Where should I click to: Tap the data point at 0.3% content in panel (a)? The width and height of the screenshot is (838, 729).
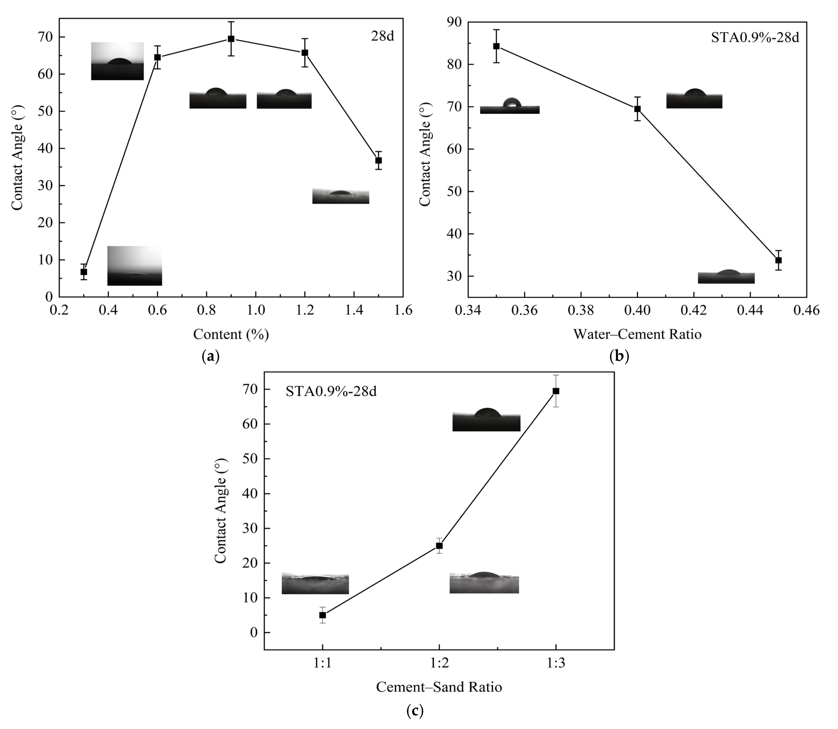pyautogui.click(x=83, y=272)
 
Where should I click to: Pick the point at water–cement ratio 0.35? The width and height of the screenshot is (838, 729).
pyautogui.click(x=496, y=46)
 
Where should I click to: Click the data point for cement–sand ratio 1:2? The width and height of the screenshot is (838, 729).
pyautogui.click(x=439, y=546)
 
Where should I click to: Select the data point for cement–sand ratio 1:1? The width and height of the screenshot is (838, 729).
pyautogui.click(x=322, y=615)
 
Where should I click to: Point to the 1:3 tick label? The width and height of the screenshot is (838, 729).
pyautogui.click(x=556, y=664)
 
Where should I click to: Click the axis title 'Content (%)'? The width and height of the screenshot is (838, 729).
pyautogui.click(x=231, y=334)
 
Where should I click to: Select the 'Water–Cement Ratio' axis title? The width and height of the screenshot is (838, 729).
pyautogui.click(x=637, y=334)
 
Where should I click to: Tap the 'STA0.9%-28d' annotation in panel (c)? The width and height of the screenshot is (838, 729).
pyautogui.click(x=331, y=391)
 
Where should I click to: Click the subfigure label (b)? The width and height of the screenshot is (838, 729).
pyautogui.click(x=619, y=357)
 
